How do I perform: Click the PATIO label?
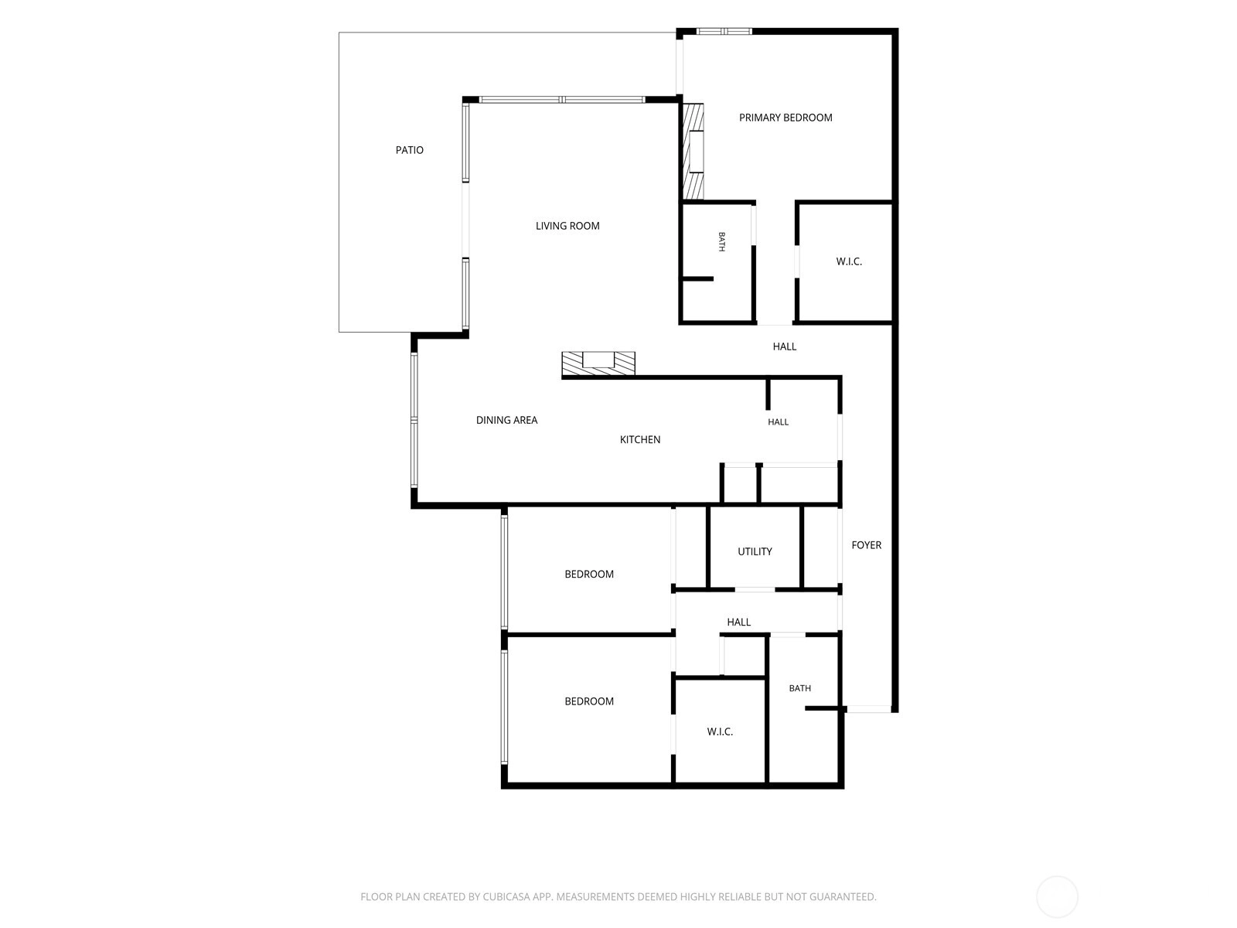(x=409, y=150)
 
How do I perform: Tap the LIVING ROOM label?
(x=567, y=226)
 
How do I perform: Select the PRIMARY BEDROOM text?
(x=785, y=118)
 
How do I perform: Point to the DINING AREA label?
(x=506, y=420)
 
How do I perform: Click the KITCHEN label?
(x=639, y=439)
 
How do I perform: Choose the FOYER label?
(x=866, y=545)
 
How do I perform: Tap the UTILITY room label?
(x=755, y=551)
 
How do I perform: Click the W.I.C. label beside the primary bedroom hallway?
(x=848, y=261)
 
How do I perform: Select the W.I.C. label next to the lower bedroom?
(x=720, y=732)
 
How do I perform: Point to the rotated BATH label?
(x=721, y=242)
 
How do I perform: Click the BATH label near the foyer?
(x=799, y=688)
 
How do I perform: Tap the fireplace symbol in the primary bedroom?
(x=693, y=151)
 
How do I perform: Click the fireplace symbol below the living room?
(x=598, y=363)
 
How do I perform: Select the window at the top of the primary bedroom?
(x=724, y=32)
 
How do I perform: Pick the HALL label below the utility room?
(x=738, y=622)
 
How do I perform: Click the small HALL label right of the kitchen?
(x=778, y=422)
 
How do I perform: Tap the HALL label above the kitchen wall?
(x=784, y=346)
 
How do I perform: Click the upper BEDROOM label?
(x=589, y=574)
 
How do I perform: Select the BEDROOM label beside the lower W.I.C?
(x=589, y=701)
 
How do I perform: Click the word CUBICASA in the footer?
(x=506, y=897)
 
